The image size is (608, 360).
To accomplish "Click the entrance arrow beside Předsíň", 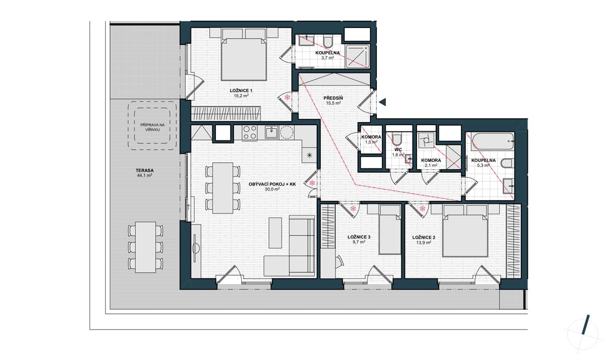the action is (383, 102).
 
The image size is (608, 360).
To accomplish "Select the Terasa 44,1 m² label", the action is (145, 173).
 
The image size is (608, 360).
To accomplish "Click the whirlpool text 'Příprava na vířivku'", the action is (153, 127).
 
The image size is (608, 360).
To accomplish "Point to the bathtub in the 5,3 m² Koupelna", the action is (492, 141).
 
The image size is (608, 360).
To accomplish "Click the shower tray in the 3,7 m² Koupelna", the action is (358, 56).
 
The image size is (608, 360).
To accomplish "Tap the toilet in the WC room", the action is (397, 139).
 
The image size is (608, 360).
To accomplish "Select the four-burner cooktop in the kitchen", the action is (250, 132).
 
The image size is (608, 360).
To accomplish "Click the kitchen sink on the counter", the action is (272, 132).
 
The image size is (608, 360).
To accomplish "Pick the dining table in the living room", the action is (222, 188).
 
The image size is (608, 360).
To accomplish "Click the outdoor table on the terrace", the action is (145, 247).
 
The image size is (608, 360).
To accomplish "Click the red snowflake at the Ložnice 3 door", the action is (353, 209).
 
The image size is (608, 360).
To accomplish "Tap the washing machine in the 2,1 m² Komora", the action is (426, 140).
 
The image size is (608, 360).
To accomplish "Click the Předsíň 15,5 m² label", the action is (333, 100).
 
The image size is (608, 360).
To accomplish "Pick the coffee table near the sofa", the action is (275, 233).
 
